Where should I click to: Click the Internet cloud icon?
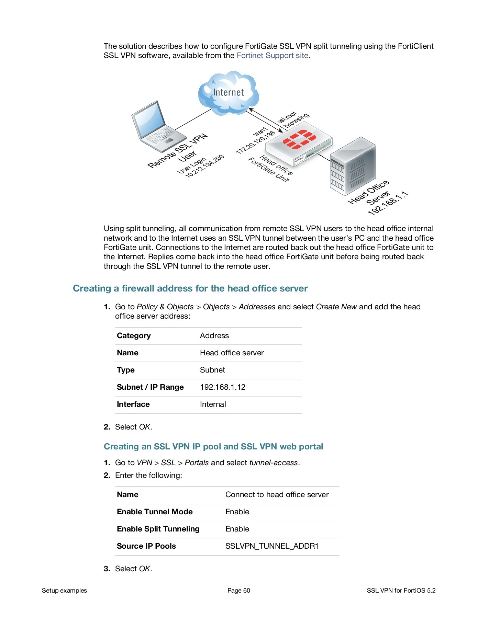click(x=228, y=93)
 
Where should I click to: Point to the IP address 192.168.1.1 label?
click(x=388, y=204)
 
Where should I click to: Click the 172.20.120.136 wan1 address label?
click(x=256, y=142)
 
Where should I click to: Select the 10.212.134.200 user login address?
click(x=205, y=167)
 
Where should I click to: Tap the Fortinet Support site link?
click(x=272, y=56)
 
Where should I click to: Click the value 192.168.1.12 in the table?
click(x=223, y=387)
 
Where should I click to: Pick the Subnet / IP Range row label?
click(x=150, y=387)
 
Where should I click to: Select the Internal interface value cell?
click(x=213, y=404)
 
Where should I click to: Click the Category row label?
click(x=134, y=336)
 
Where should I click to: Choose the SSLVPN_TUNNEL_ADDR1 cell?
click(x=272, y=546)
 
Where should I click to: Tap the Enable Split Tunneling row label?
click(x=158, y=529)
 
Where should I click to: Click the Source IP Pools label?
click(x=146, y=546)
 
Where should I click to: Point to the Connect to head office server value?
click(x=277, y=495)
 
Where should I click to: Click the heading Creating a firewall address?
click(x=190, y=288)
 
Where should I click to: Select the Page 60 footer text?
click(x=239, y=591)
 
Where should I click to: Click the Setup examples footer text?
click(x=64, y=591)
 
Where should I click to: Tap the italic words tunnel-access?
click(x=274, y=463)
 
